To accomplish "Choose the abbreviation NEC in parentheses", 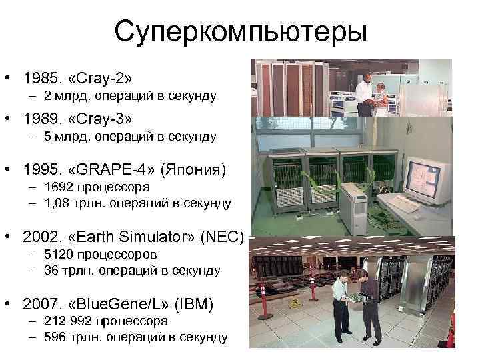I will click(x=226, y=237).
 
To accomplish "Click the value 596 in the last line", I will click(x=55, y=337).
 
